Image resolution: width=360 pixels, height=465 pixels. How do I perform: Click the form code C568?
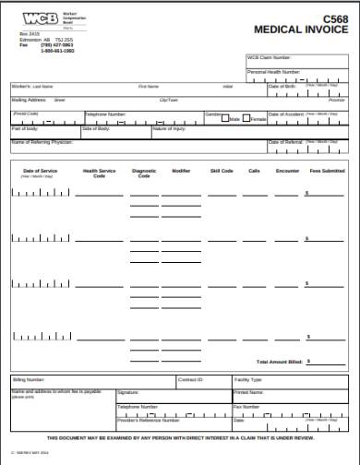pyautogui.click(x=334, y=18)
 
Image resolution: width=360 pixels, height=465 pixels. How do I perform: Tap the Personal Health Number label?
pyautogui.click(x=274, y=71)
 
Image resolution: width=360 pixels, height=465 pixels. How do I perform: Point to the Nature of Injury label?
pyautogui.click(x=170, y=128)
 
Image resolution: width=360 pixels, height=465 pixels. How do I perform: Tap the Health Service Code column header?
pyautogui.click(x=100, y=173)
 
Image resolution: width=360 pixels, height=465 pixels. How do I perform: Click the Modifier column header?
pyautogui.click(x=181, y=171)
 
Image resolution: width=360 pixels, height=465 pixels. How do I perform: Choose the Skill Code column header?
pyautogui.click(x=222, y=171)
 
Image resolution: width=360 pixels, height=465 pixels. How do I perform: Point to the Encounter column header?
pyautogui.click(x=287, y=171)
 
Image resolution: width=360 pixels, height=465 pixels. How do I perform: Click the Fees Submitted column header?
pyautogui.click(x=327, y=171)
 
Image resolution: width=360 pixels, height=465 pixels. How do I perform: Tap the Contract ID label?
pyautogui.click(x=190, y=379)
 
